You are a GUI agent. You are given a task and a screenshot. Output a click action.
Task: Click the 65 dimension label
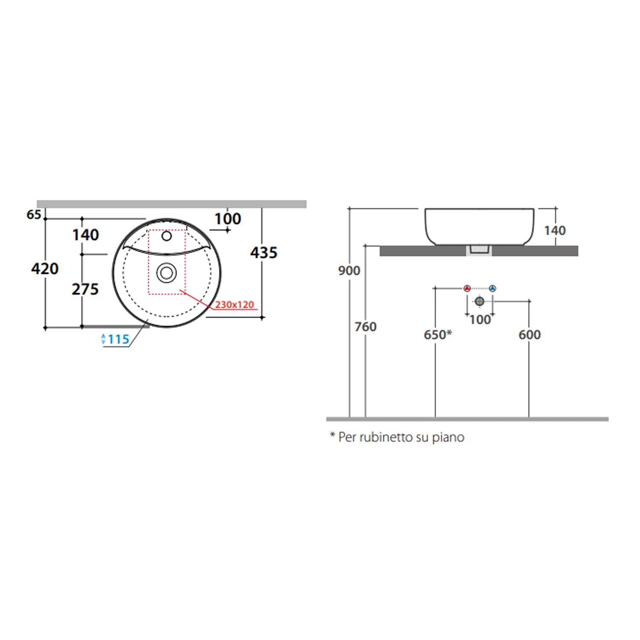tap(34, 215)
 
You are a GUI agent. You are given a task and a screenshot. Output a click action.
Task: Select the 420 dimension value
tap(45, 269)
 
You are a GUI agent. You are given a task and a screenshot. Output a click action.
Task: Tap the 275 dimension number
tap(85, 289)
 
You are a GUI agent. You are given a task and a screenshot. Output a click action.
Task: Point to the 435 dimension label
tap(264, 253)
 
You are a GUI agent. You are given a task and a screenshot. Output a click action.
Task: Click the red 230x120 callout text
tap(234, 305)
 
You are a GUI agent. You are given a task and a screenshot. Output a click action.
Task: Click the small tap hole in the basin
tap(166, 236)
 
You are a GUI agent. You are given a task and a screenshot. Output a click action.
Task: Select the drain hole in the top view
tap(166, 273)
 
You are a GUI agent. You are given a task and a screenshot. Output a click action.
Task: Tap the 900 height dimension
tap(349, 271)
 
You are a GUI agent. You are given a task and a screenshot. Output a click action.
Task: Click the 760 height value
tap(366, 327)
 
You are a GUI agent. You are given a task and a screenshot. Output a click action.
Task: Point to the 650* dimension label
tap(438, 335)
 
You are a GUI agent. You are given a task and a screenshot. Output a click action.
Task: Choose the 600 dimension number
tap(529, 335)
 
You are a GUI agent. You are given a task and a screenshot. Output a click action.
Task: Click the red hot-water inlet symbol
tap(467, 288)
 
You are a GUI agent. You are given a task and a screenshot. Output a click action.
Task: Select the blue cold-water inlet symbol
tap(493, 288)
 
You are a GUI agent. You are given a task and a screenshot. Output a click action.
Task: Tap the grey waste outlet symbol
tap(480, 302)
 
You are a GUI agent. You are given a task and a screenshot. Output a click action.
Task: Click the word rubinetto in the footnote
tap(387, 437)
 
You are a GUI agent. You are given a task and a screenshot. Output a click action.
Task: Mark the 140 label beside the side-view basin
tap(555, 230)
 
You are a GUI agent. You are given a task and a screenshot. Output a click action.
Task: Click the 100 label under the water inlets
tap(480, 320)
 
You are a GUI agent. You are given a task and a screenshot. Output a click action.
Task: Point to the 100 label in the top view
tap(227, 219)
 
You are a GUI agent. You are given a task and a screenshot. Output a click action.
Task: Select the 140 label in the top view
tap(85, 235)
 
